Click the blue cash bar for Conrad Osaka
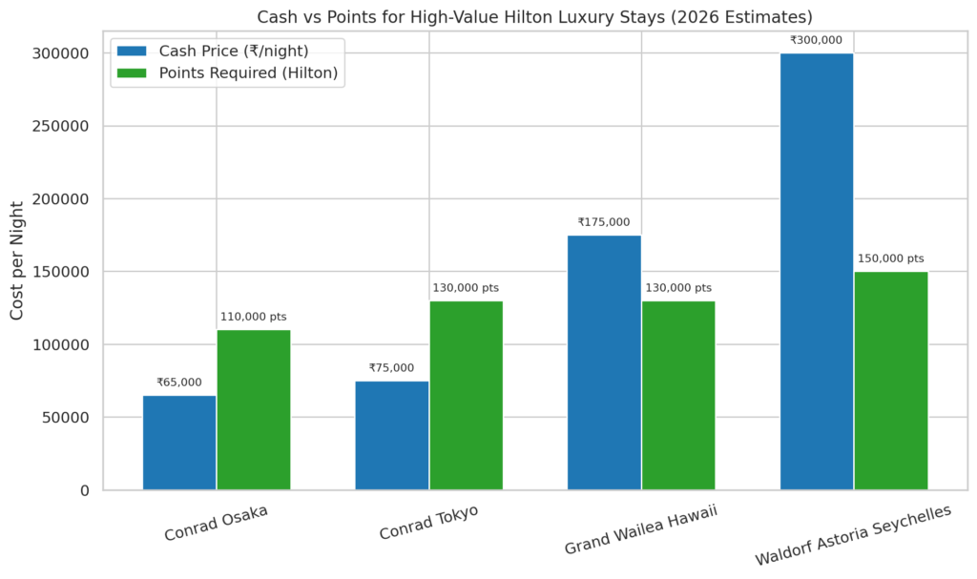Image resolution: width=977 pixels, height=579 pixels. pyautogui.click(x=179, y=443)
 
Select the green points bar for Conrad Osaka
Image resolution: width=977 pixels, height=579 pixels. pyautogui.click(x=254, y=410)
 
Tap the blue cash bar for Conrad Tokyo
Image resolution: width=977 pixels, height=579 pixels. pyautogui.click(x=392, y=436)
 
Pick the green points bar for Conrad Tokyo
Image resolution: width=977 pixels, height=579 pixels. pyautogui.click(x=466, y=396)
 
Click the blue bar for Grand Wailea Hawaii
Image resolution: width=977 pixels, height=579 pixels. pyautogui.click(x=604, y=362)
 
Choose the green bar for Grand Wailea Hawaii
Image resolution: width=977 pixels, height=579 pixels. pyautogui.click(x=678, y=396)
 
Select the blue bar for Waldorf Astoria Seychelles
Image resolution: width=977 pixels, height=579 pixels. pyautogui.click(x=817, y=272)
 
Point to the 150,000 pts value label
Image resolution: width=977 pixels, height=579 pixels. pyautogui.click(x=891, y=258)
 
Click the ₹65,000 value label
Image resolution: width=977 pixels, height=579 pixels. pyautogui.click(x=179, y=383)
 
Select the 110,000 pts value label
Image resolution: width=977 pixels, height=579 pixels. pyautogui.click(x=254, y=317)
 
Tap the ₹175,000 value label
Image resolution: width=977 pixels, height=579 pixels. pyautogui.click(x=604, y=222)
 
